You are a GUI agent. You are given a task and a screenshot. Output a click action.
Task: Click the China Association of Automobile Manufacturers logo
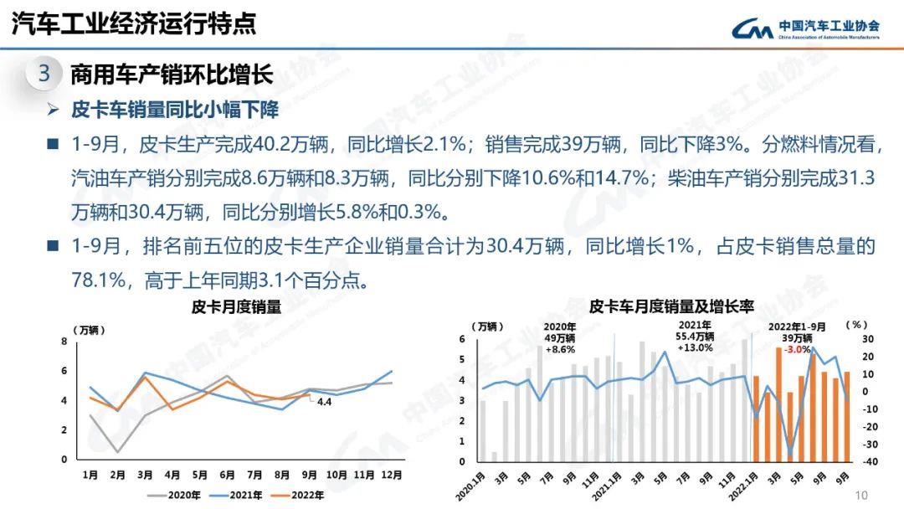click(x=804, y=28)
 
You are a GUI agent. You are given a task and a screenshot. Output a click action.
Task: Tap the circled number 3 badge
click(x=44, y=74)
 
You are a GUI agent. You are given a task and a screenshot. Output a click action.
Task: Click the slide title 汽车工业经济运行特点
click(x=134, y=24)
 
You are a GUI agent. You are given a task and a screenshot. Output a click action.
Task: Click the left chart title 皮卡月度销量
click(x=236, y=307)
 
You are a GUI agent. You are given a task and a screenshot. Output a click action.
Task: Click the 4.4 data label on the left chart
click(x=324, y=402)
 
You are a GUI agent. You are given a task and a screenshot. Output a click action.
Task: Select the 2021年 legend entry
click(x=244, y=495)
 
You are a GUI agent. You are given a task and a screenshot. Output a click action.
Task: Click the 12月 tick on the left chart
click(x=390, y=475)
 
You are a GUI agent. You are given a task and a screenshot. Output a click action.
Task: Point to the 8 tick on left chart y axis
click(x=64, y=342)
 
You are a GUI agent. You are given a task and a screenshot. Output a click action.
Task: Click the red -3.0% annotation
click(x=797, y=349)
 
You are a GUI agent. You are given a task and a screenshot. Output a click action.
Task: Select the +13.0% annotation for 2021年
click(x=695, y=348)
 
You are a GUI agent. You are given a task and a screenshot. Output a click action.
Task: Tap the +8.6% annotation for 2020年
click(x=560, y=349)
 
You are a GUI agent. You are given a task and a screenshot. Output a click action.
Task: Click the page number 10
click(x=862, y=495)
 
